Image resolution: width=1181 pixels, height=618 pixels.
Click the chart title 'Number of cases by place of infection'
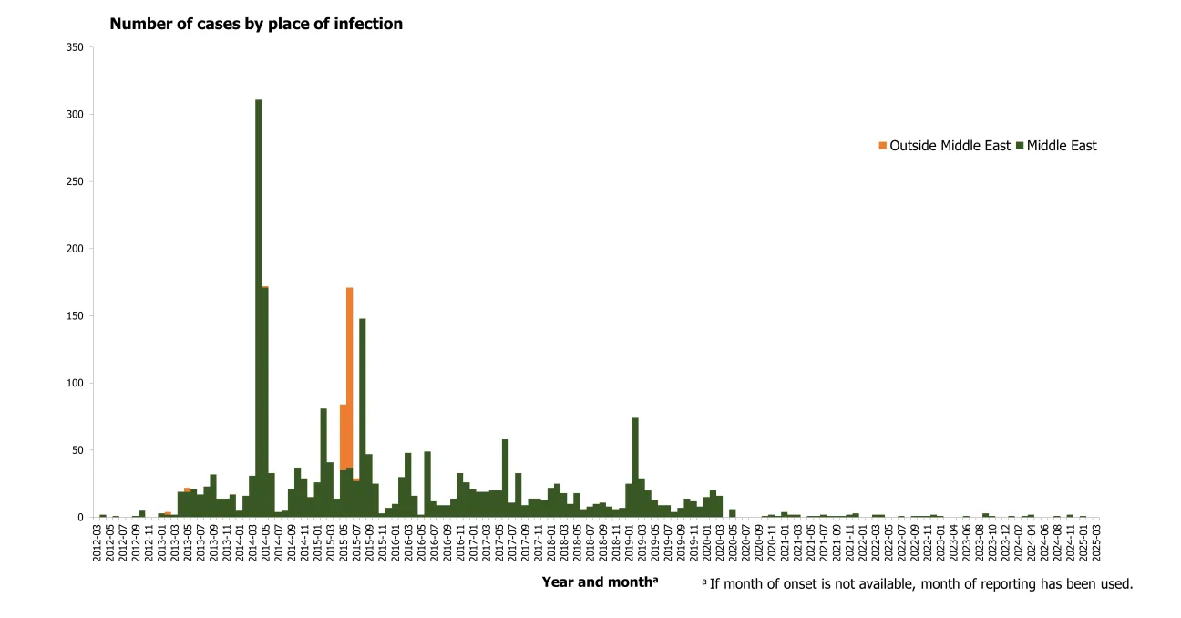point(256,25)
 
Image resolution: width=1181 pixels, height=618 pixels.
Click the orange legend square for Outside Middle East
point(882,146)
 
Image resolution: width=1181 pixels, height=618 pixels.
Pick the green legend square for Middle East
point(1020,146)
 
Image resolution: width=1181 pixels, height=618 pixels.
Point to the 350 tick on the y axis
point(76,47)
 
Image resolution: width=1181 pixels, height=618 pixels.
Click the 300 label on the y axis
point(76,115)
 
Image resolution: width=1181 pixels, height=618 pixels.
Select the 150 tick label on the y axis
point(76,316)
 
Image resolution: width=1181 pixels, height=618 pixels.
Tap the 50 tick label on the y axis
point(78,450)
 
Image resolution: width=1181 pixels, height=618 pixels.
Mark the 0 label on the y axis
point(81,518)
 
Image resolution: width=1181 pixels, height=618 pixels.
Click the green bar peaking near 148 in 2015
point(363,419)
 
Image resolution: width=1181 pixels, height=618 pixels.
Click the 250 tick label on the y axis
point(76,181)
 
